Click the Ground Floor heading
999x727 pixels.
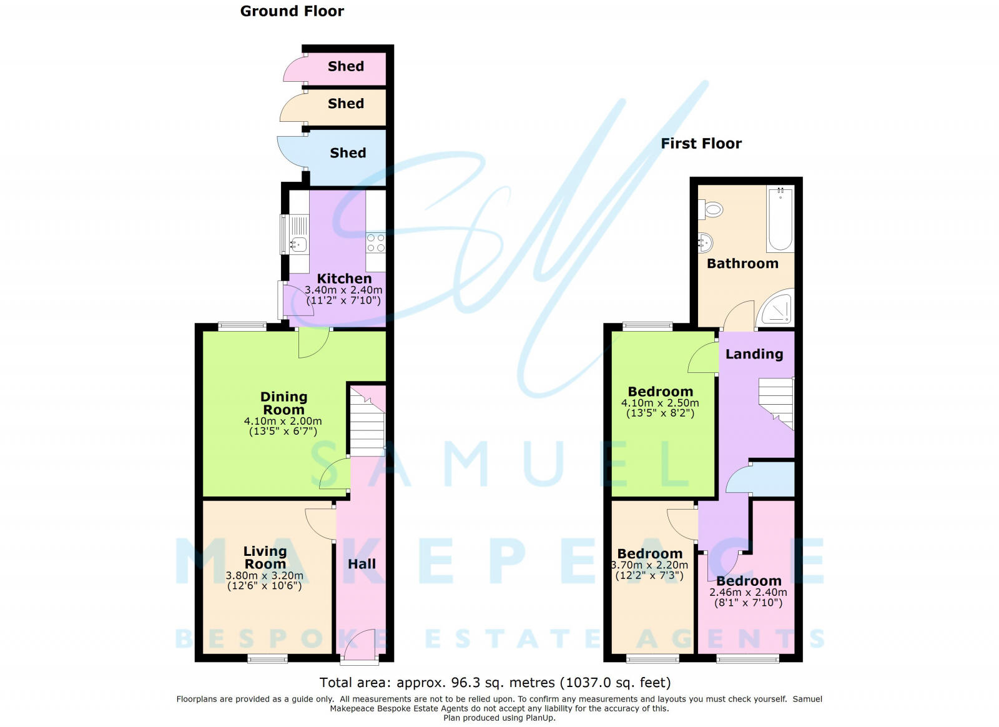tap(292, 11)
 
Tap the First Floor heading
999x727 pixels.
tap(701, 143)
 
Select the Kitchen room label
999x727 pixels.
tap(344, 279)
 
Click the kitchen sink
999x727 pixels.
tap(298, 244)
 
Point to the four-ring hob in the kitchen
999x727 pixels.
tap(375, 243)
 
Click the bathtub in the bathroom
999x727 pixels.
tap(780, 219)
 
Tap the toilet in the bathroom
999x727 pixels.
tap(711, 209)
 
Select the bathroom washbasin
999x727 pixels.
tap(705, 243)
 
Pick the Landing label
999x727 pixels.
tap(754, 354)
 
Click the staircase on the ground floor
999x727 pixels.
tap(367, 422)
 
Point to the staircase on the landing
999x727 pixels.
tap(777, 403)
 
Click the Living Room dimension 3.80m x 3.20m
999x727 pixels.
tap(265, 575)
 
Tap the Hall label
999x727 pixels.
tap(362, 564)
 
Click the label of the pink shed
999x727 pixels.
tap(346, 66)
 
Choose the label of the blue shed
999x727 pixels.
tap(348, 152)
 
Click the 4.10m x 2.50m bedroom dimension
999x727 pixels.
tap(660, 403)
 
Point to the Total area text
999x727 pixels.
tap(495, 683)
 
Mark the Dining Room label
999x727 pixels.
tap(283, 403)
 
